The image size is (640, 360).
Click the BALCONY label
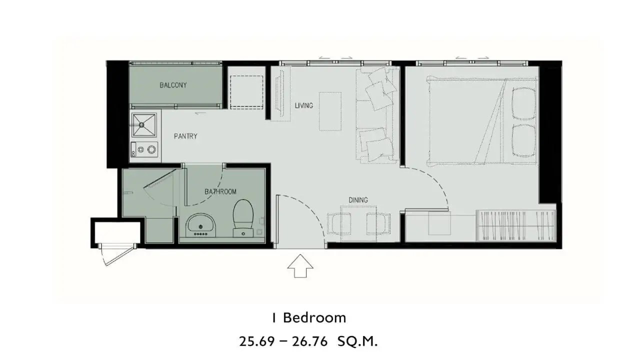[173, 85]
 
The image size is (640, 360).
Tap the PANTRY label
[185, 136]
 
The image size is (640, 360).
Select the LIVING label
[304, 105]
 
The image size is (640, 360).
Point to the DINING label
[358, 200]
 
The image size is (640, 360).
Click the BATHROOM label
[220, 191]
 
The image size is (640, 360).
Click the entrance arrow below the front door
[300, 266]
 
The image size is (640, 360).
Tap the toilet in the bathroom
[243, 218]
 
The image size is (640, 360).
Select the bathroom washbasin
[200, 225]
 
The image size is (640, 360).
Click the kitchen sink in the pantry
[144, 124]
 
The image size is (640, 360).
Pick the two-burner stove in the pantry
[144, 149]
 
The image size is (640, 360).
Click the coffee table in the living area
[330, 111]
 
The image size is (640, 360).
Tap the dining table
[358, 223]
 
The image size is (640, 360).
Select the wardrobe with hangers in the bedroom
[515, 225]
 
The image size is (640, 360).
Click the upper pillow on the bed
[524, 103]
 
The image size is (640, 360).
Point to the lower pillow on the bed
[524, 140]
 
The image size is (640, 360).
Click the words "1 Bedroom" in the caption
[309, 318]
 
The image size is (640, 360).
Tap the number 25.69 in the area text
[257, 341]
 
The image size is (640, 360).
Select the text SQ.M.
[357, 341]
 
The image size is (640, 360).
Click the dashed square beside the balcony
[246, 92]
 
